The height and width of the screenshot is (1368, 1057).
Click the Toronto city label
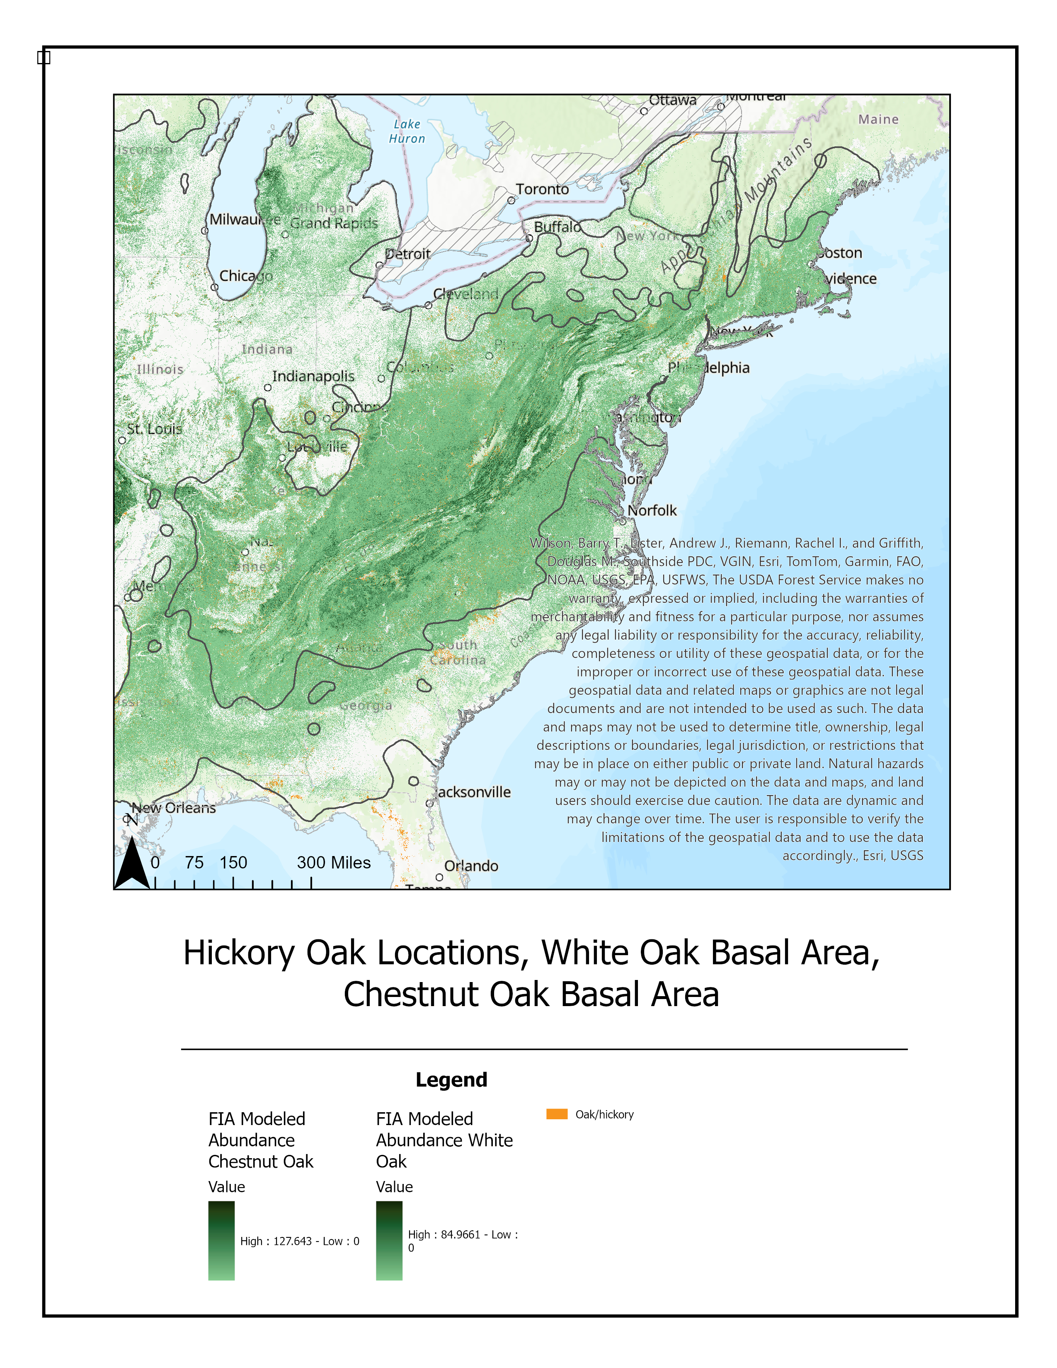(x=542, y=189)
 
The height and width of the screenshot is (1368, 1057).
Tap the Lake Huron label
(x=407, y=131)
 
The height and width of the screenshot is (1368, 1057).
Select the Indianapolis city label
(x=313, y=376)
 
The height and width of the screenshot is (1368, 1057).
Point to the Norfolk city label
(x=652, y=510)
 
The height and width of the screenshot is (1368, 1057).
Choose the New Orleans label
(x=173, y=808)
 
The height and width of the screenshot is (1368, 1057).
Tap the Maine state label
(x=878, y=119)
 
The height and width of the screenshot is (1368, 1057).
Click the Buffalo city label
(x=557, y=227)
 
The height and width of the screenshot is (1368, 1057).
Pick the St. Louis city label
(x=155, y=429)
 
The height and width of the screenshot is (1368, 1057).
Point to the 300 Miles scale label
(x=333, y=863)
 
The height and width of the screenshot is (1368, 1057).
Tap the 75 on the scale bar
(x=194, y=863)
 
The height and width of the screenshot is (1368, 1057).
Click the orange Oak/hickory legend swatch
(x=557, y=1114)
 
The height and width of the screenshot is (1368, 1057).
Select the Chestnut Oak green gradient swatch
(x=221, y=1240)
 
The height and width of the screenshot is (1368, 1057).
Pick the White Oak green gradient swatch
(x=389, y=1240)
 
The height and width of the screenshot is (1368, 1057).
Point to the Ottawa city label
(x=672, y=100)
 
